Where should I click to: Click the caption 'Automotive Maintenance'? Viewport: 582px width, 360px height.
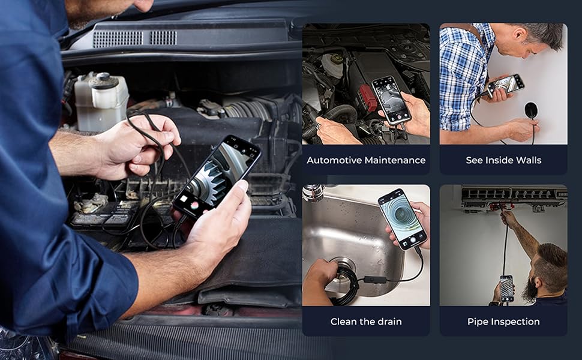click(x=366, y=160)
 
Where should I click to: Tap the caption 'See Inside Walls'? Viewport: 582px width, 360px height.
click(x=503, y=160)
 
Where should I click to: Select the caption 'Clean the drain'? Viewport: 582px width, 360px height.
click(x=366, y=322)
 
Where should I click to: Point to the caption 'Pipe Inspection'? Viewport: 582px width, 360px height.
click(x=503, y=322)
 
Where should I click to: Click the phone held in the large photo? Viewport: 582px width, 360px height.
click(x=218, y=175)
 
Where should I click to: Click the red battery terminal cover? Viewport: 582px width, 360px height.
click(x=367, y=97)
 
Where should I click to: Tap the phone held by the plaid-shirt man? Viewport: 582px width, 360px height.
click(x=505, y=85)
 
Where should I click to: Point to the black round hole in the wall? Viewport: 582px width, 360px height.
click(x=531, y=110)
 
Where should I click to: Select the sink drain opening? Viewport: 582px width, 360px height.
click(x=343, y=265)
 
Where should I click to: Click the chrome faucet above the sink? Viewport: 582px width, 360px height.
click(x=313, y=193)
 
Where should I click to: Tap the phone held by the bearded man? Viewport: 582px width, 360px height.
click(x=507, y=288)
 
